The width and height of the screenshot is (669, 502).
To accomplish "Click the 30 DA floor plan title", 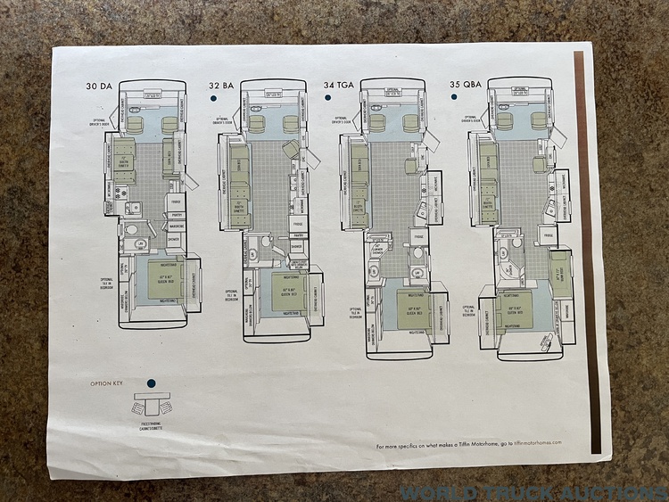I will coord(99,86).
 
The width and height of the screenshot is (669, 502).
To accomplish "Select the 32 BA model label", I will coord(221,86).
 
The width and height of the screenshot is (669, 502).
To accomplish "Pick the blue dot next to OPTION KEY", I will coord(152,383).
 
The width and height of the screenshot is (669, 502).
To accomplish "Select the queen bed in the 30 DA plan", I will coord(160,280).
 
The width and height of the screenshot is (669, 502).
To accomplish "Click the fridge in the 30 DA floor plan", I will coord(175,202).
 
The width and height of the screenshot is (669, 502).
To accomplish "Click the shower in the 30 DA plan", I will coord(173,239).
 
